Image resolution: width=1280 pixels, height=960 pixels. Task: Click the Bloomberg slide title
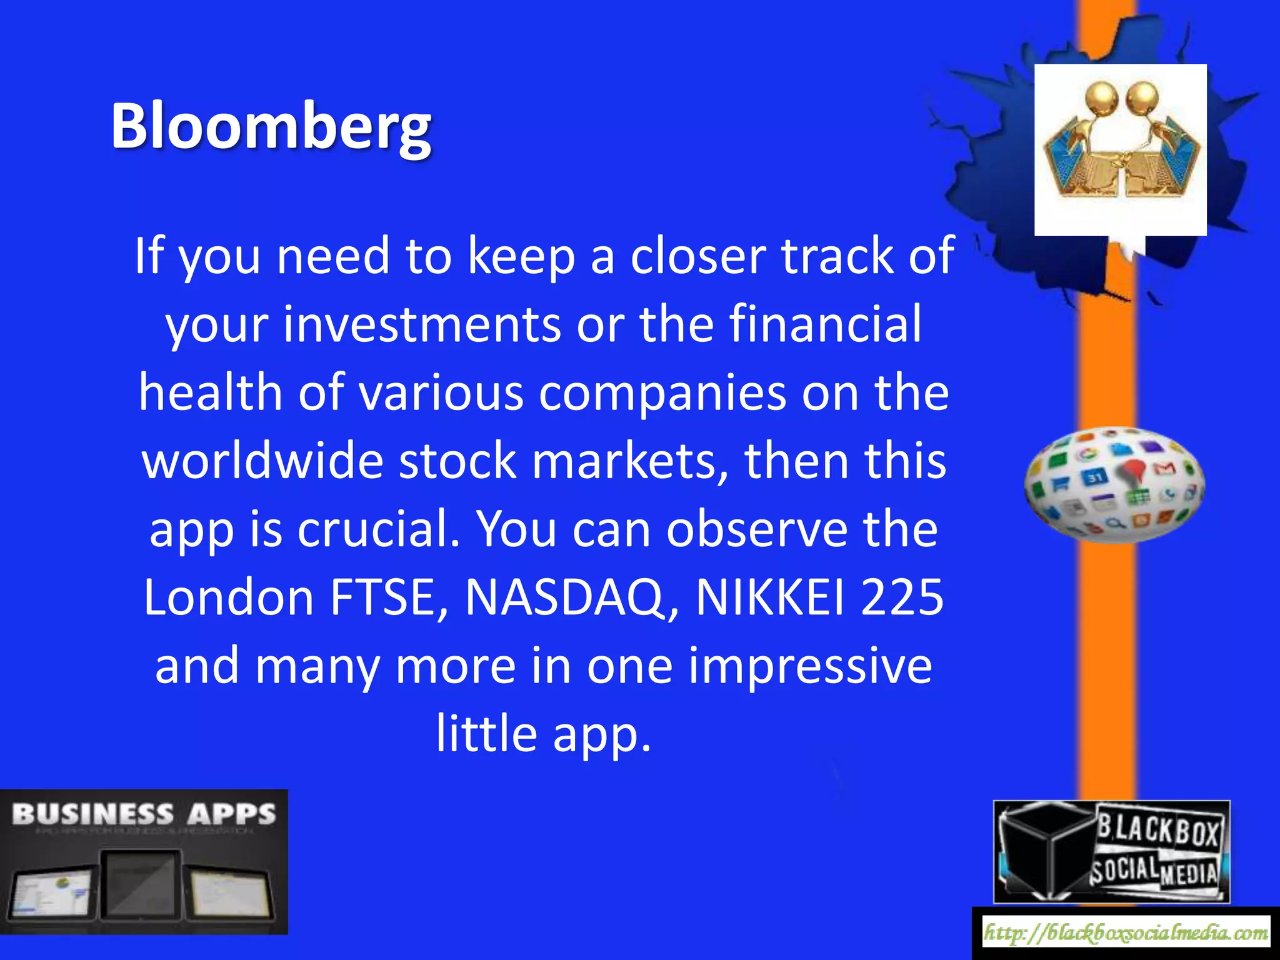(271, 127)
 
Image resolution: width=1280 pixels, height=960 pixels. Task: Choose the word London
(228, 597)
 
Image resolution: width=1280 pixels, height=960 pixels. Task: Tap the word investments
(422, 325)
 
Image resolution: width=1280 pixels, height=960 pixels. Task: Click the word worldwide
(262, 461)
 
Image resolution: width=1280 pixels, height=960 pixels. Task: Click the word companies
(662, 393)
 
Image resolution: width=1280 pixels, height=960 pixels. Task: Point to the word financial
(825, 325)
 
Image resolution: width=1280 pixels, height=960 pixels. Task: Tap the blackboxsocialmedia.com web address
(1126, 933)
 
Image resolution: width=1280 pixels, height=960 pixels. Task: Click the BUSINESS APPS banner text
(144, 815)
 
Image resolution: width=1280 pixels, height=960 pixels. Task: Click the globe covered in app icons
(1114, 484)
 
